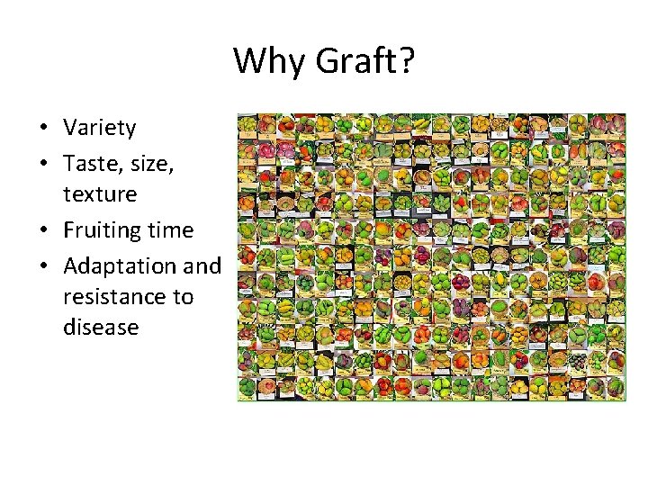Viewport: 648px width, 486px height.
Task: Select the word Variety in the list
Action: pos(99,128)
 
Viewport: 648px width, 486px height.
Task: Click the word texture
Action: pos(100,193)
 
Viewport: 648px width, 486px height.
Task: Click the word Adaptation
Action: pos(121,266)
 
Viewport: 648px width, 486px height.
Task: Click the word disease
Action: pos(101,327)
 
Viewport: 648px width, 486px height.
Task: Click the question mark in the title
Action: pos(406,61)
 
